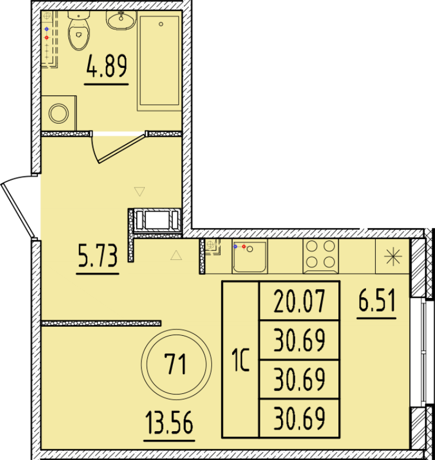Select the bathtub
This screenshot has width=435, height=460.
tap(159, 61)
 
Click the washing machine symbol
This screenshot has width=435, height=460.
tap(59, 113)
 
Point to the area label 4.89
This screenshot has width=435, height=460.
tap(106, 67)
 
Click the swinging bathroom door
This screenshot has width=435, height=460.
tap(118, 147)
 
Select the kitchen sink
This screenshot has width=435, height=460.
tap(249, 256)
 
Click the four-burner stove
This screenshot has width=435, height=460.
tap(320, 255)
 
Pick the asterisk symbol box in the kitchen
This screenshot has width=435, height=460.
tap(394, 256)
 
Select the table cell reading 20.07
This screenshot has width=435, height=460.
tap(299, 301)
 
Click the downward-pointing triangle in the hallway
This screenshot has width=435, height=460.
tap(138, 191)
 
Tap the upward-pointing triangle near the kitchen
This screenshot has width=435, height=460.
tap(176, 255)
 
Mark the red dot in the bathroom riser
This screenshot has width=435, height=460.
tap(47, 39)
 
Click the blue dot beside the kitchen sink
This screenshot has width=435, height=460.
tap(235, 246)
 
